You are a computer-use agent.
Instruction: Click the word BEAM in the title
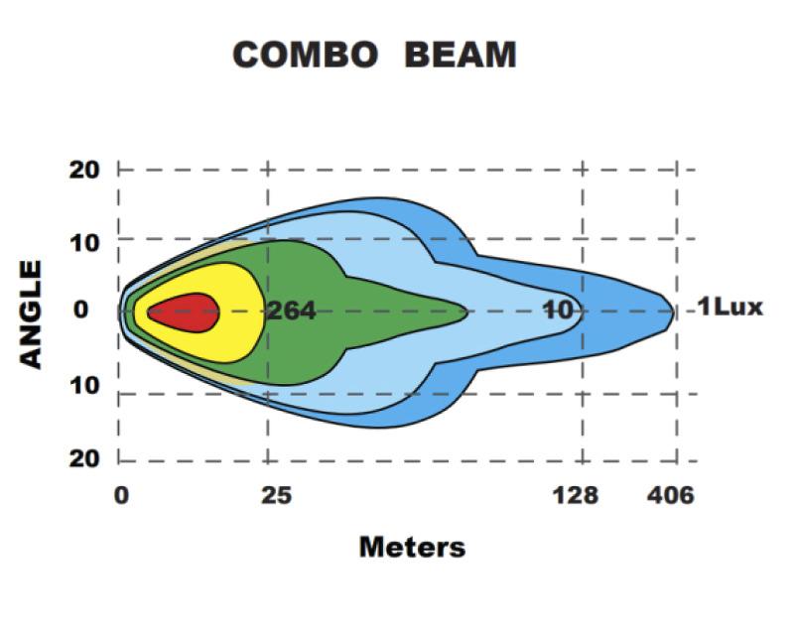click(460, 56)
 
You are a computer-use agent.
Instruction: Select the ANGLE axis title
click(32, 313)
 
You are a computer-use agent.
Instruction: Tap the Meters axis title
click(411, 546)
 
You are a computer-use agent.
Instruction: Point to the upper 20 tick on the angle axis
click(83, 169)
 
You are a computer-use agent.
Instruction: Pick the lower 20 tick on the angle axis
click(83, 458)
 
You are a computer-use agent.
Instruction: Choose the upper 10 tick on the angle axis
click(83, 240)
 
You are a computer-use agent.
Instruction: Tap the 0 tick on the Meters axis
click(120, 494)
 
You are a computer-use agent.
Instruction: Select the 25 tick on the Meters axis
click(275, 494)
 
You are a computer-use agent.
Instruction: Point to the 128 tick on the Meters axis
click(577, 494)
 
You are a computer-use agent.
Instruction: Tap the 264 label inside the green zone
click(291, 312)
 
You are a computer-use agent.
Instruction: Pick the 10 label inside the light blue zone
click(559, 311)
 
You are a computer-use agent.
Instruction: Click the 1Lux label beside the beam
click(729, 308)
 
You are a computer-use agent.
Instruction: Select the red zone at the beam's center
click(183, 313)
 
